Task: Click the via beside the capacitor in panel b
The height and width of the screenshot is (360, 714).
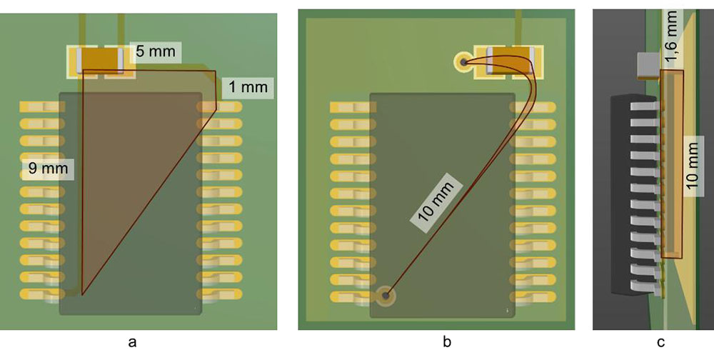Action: [x=463, y=63]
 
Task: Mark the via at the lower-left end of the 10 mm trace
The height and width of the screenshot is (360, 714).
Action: [x=386, y=294]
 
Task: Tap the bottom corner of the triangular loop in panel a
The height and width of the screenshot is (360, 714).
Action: [x=82, y=294]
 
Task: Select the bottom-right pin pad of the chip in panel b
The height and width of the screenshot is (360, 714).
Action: [x=527, y=295]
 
